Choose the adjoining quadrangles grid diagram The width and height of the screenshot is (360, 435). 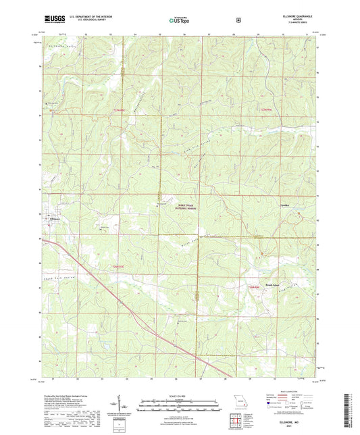[236, 424]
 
